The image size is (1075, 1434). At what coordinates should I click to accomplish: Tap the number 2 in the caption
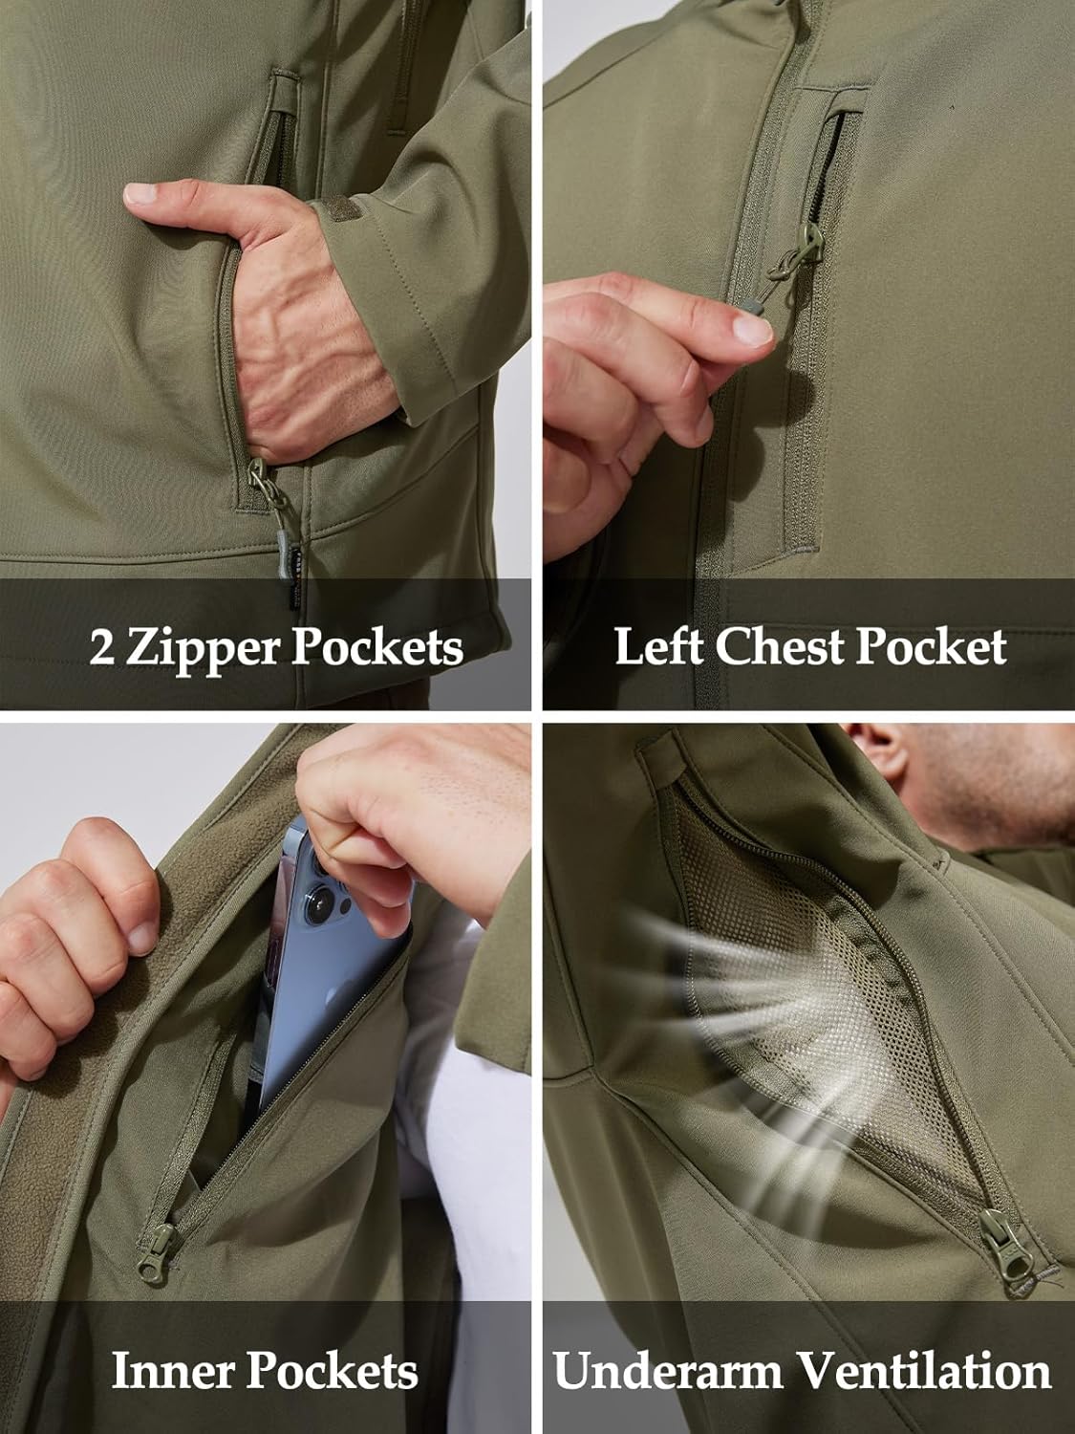[103, 647]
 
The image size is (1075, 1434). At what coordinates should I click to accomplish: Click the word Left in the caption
[659, 647]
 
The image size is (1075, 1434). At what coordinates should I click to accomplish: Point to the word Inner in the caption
[174, 1371]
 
